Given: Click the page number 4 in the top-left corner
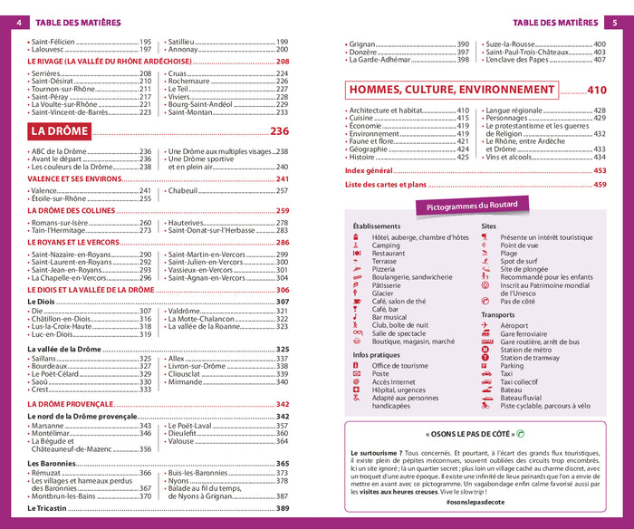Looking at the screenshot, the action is (18, 23).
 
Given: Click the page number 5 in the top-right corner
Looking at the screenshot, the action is (615, 23).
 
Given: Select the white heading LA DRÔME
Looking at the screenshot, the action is (62, 131).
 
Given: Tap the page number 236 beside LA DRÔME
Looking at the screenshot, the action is (279, 131).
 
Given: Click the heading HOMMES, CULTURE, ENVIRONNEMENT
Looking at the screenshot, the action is (453, 90).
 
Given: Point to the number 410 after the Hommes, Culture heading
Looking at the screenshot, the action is (596, 90).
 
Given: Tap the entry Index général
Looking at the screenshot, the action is (369, 170).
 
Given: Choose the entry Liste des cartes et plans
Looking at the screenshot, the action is (385, 185).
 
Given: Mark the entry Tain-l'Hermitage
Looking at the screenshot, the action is (60, 230).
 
